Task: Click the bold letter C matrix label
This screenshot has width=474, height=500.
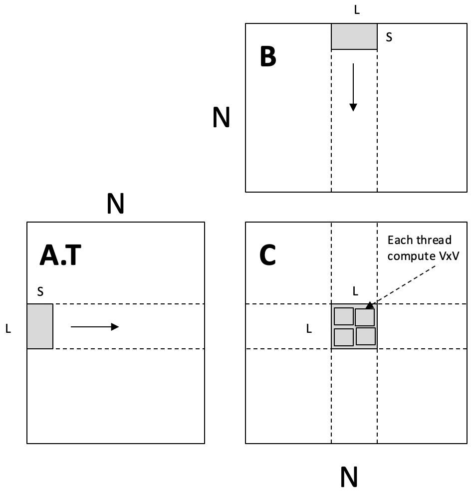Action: click(x=268, y=255)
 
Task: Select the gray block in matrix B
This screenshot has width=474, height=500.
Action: click(x=354, y=36)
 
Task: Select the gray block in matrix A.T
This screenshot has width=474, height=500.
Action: click(x=40, y=326)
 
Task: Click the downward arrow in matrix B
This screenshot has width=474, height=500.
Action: click(x=353, y=87)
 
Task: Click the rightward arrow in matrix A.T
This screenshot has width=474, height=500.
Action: click(x=95, y=327)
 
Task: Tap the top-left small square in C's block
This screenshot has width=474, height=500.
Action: click(x=344, y=316)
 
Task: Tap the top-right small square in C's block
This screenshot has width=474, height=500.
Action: click(x=365, y=317)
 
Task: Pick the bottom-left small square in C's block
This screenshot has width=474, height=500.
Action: click(x=344, y=337)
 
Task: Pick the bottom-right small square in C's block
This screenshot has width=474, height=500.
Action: click(x=365, y=336)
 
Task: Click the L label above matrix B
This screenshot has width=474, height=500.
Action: click(x=357, y=10)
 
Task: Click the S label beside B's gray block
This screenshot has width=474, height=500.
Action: click(x=389, y=37)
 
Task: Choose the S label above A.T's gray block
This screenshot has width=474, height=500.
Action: click(x=40, y=291)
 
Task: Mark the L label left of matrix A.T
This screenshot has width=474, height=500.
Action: click(x=8, y=329)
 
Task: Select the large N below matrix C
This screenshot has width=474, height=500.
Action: click(x=349, y=477)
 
